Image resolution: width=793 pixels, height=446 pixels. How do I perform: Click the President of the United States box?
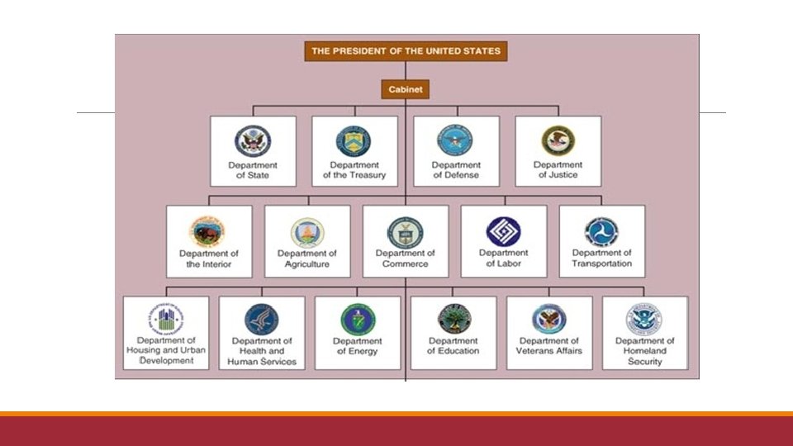(405, 51)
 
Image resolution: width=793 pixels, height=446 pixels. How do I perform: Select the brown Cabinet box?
(405, 89)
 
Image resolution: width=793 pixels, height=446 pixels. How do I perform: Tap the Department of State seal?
(252, 141)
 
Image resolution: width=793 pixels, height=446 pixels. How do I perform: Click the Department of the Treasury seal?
(354, 141)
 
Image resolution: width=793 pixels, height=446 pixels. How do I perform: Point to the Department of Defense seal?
(455, 141)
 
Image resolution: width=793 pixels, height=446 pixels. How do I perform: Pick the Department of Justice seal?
(558, 141)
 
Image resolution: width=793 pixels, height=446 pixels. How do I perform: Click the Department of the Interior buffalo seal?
(208, 231)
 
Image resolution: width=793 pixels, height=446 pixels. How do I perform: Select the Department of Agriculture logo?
(307, 232)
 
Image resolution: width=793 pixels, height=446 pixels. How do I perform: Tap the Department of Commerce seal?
(405, 231)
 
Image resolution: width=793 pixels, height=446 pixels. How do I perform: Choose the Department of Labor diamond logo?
(503, 231)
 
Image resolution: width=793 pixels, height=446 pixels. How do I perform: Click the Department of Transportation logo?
(601, 231)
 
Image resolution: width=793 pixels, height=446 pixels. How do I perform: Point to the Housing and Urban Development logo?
(166, 319)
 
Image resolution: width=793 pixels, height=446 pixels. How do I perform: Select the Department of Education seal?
(453, 319)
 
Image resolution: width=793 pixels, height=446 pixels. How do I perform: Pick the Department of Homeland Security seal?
(644, 319)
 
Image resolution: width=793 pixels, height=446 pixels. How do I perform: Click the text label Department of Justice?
(558, 170)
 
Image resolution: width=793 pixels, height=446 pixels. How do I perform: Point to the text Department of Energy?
(358, 346)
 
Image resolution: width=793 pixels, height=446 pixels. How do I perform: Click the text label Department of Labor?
(503, 259)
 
